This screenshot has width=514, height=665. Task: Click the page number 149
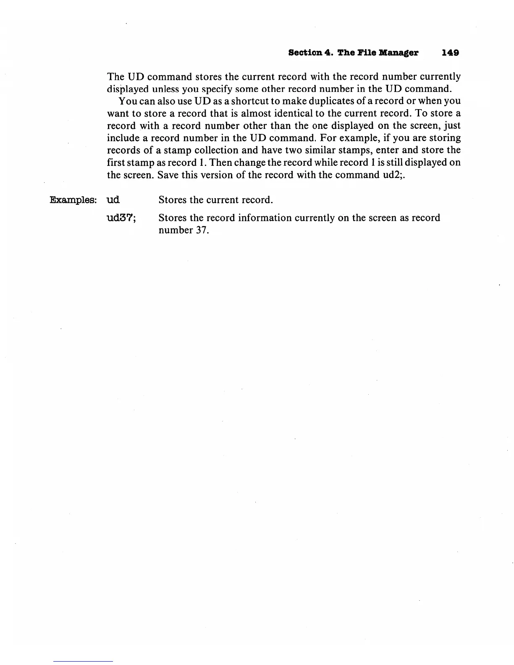click(450, 53)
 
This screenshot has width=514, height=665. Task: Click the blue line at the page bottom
click(83, 661)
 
